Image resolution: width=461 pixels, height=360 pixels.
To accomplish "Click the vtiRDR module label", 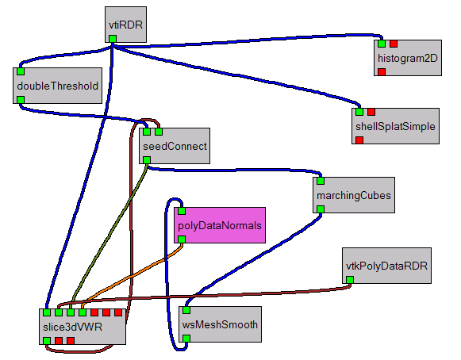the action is [125, 25].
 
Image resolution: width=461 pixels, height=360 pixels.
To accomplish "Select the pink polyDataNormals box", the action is [220, 225].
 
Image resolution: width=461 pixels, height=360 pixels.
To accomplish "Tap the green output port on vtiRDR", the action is [113, 39].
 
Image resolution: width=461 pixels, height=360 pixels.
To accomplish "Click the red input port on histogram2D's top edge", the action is [394, 44].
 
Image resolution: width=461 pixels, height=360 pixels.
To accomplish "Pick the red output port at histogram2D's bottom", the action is [382, 71].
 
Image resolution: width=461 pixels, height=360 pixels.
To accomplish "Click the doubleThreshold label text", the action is [58, 86].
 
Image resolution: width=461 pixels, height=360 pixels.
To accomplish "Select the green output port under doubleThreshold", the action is [21, 100].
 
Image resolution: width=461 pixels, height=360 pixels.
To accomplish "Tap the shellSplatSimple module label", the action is [395, 126].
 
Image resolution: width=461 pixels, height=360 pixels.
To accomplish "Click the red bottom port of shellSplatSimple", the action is [359, 140].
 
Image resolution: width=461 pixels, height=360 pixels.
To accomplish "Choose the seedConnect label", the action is [175, 147].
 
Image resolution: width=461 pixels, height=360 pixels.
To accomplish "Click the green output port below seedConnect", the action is [147, 160].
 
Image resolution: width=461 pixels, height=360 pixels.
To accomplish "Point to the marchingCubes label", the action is [354, 195].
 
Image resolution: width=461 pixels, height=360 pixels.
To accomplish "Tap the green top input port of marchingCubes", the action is [321, 181].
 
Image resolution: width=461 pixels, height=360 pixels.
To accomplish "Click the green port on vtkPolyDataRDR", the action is [350, 279].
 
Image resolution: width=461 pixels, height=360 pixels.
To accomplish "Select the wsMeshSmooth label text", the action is [220, 325].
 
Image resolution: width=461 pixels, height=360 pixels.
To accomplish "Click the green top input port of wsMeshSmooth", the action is [186, 310].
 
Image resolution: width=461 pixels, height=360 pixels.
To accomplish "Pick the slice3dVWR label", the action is [72, 327].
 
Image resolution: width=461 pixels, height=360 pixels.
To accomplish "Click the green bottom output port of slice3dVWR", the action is [47, 341].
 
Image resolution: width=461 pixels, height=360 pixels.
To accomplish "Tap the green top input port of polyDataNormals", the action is [182, 211].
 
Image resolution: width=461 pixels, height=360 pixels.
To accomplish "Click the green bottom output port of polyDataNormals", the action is [182, 239].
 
